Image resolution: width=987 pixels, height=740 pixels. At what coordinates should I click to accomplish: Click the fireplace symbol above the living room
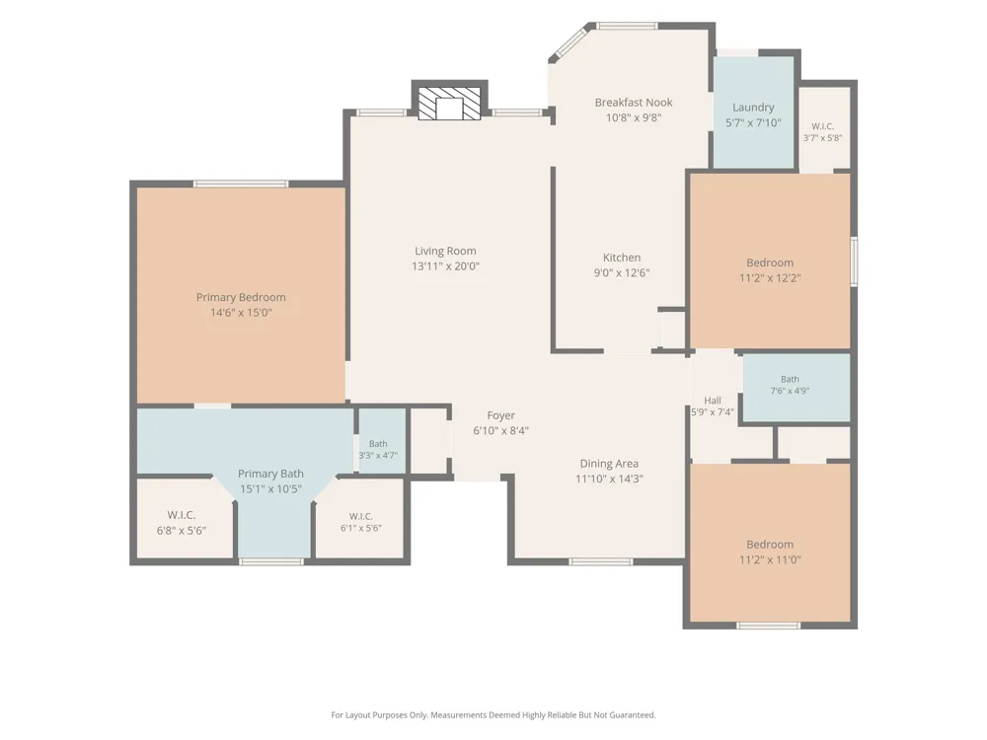449,104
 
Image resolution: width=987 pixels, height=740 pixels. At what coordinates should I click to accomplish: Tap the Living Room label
445,251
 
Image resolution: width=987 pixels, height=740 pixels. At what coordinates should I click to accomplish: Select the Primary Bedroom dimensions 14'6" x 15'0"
241,313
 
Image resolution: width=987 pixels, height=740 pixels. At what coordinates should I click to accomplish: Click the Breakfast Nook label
634,102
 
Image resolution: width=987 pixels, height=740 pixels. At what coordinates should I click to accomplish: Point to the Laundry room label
753,108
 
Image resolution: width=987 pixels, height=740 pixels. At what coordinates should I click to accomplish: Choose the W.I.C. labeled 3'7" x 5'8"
823,132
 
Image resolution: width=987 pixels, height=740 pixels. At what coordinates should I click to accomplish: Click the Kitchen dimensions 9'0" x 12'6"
622,273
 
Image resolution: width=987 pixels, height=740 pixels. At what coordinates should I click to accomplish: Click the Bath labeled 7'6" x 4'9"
790,385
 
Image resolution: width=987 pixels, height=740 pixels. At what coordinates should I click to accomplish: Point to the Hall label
713,401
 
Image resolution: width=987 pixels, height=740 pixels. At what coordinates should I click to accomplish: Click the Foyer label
501,415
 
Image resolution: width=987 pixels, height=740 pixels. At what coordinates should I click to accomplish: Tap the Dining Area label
609,464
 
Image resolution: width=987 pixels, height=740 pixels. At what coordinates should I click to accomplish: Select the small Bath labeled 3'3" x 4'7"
378,450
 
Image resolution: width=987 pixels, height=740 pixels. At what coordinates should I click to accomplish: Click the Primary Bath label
270,474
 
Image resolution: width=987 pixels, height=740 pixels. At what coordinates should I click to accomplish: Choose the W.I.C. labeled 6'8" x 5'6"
182,523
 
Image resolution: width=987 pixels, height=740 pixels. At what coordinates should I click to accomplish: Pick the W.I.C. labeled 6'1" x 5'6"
360,522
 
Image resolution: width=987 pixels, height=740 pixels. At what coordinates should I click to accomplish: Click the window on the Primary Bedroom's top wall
241,184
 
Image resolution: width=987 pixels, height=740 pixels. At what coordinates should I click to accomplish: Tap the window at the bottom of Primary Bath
271,561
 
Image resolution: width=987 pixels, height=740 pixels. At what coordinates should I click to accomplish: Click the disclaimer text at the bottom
493,714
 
